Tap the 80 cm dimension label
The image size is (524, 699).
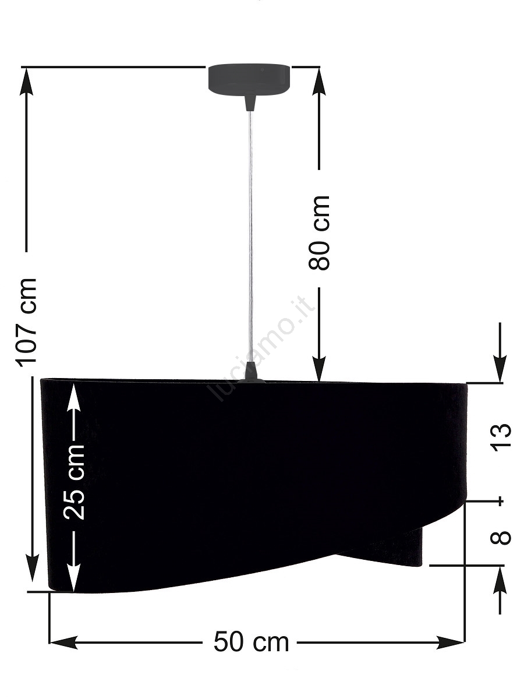319,233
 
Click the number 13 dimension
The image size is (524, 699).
501,437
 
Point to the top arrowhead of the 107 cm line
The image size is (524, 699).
26,82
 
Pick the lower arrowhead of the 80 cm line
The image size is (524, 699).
319,367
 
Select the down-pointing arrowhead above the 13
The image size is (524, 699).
500,368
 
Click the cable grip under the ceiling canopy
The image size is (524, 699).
250,102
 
